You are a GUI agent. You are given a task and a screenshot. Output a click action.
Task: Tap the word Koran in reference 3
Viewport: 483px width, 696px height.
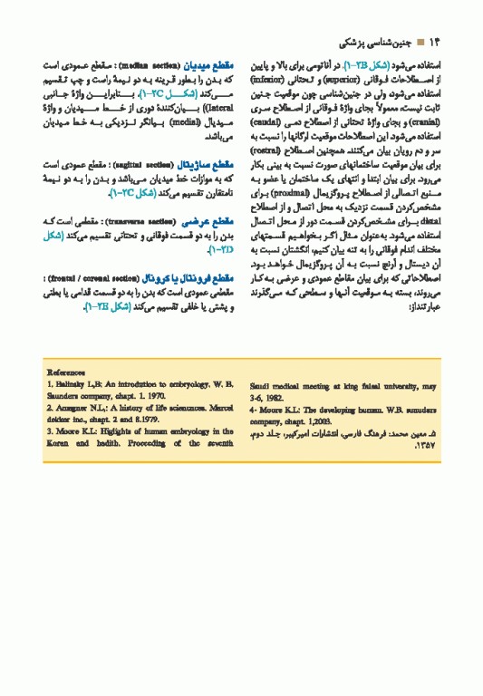[56, 444]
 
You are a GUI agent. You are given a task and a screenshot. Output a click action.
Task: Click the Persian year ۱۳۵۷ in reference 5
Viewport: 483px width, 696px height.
[426, 446]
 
